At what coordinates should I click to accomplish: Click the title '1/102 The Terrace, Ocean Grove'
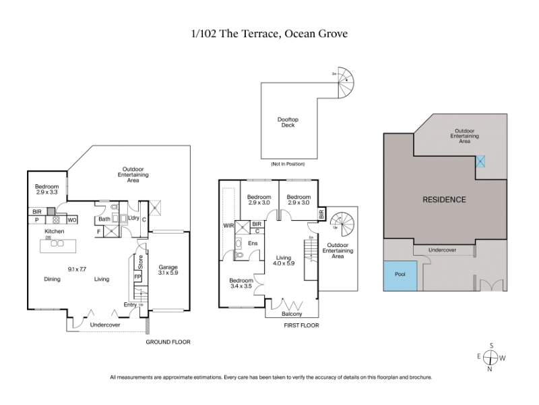[x=269, y=33]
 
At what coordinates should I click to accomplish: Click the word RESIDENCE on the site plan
[x=444, y=199]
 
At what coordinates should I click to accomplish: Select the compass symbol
[x=491, y=356]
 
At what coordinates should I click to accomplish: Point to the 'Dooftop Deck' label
[x=288, y=123]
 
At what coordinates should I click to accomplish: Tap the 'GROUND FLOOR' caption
[x=168, y=342]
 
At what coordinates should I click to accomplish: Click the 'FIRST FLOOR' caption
[x=301, y=326]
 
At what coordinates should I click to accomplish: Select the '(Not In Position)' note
[x=288, y=164]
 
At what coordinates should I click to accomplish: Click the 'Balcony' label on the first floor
[x=292, y=314]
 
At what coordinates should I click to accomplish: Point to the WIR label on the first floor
[x=228, y=225]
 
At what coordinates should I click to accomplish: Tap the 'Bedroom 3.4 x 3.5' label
[x=241, y=283]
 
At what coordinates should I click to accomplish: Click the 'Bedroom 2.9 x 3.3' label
[x=47, y=190]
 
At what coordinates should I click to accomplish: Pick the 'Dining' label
[x=52, y=279]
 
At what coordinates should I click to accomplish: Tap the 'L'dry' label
[x=133, y=218]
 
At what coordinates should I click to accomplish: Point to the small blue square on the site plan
[x=480, y=162]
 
